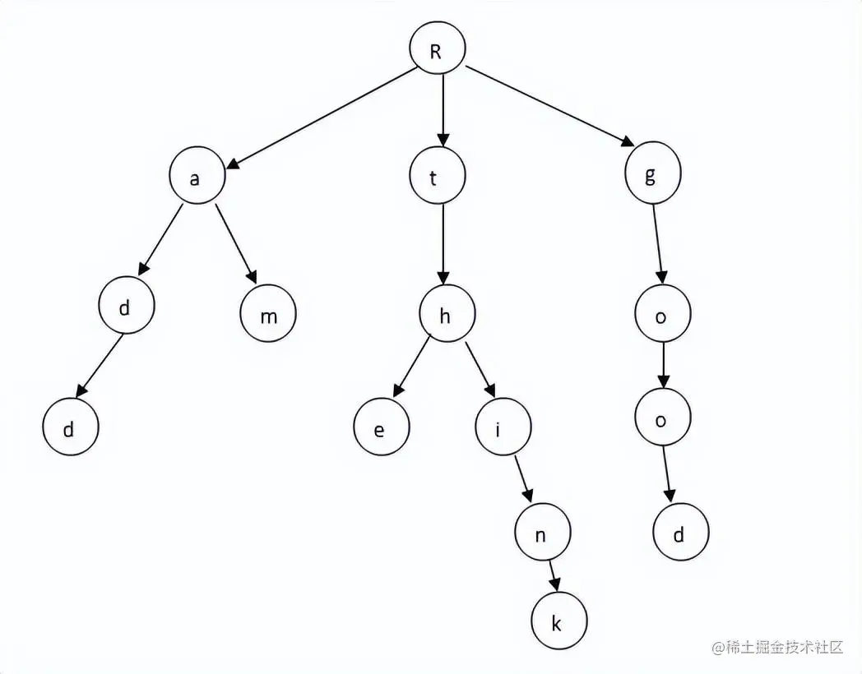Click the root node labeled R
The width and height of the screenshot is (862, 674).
click(437, 50)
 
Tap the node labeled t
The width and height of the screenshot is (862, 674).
click(437, 178)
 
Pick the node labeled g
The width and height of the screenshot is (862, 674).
click(651, 177)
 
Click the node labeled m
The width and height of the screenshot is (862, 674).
click(268, 316)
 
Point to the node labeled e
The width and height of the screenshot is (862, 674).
click(380, 429)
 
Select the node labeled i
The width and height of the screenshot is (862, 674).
click(503, 427)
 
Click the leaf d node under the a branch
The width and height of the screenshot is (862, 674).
click(71, 429)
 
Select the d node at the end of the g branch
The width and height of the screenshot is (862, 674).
click(680, 535)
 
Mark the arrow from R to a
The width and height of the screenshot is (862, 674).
click(321, 118)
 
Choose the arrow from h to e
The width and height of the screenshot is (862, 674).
click(412, 366)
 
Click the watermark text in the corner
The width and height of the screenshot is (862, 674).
click(778, 647)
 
